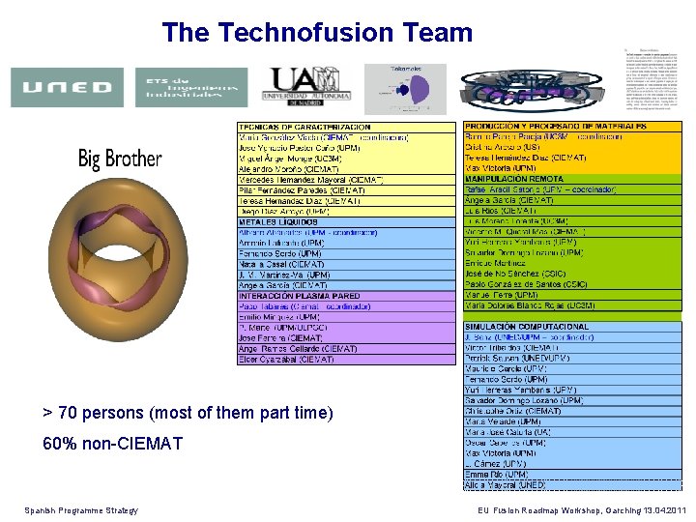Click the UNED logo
[67, 87]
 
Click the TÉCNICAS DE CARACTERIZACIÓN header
[304, 128]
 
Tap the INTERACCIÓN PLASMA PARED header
[300, 297]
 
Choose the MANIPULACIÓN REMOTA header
[514, 179]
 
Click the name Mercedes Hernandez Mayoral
[310, 180]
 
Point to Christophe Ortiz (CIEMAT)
[512, 411]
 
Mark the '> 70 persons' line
[188, 413]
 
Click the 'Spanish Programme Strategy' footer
[81, 510]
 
